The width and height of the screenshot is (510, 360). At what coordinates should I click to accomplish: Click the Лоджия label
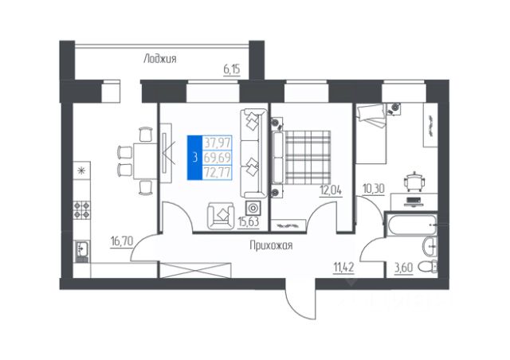(x=160, y=59)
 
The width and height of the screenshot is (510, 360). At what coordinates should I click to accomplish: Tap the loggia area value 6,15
(x=232, y=69)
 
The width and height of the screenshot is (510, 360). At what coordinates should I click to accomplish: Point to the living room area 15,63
(x=248, y=221)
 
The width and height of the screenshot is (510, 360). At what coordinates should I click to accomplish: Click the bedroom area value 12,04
(x=331, y=190)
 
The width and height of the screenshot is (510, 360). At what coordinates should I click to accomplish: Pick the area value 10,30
(x=374, y=188)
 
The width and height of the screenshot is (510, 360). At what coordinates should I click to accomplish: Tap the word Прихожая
(x=271, y=245)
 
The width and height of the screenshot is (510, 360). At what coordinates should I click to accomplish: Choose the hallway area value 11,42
(x=343, y=268)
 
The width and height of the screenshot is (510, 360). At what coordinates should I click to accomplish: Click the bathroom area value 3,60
(x=404, y=268)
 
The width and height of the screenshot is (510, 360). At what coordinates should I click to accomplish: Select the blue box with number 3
(x=194, y=158)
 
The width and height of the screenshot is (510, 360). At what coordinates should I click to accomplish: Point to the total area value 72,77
(x=218, y=172)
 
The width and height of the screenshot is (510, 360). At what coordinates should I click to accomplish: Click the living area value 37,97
(x=218, y=143)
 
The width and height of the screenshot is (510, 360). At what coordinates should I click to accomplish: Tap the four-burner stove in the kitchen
(x=81, y=209)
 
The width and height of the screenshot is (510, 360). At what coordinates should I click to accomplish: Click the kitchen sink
(x=81, y=250)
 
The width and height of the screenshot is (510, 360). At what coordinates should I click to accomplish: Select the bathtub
(x=410, y=224)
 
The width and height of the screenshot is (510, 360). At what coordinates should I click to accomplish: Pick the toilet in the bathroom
(x=427, y=268)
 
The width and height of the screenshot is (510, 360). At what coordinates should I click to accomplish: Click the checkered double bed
(x=302, y=158)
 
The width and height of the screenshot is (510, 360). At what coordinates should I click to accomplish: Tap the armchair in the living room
(x=222, y=215)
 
